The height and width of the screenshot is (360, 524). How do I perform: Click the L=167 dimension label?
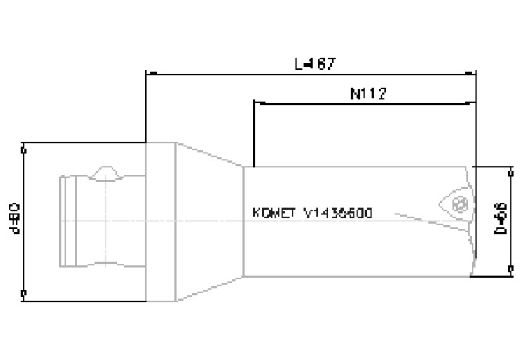click(x=315, y=63)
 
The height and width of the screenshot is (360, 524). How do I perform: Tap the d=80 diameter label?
click(x=16, y=221)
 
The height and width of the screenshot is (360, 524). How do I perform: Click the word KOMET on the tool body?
click(x=275, y=213)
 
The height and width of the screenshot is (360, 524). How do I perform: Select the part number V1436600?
click(x=339, y=213)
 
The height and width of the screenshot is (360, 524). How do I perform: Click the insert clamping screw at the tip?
click(x=461, y=205)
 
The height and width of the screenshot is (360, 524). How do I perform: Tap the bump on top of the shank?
click(x=105, y=171)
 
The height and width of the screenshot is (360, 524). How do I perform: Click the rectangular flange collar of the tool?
click(x=160, y=221)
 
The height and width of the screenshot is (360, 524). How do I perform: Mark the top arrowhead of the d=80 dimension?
click(x=25, y=146)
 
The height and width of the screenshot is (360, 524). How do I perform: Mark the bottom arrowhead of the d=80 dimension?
click(x=25, y=294)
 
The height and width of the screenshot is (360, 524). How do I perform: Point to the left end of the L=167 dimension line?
click(x=146, y=74)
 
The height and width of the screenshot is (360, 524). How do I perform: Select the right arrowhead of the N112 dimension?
click(x=474, y=103)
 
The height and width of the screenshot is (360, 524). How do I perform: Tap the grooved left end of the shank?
click(x=68, y=221)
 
